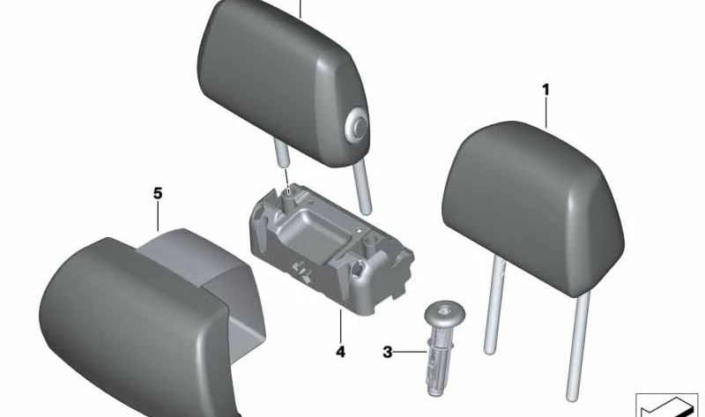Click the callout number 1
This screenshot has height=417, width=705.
pyautogui.click(x=545, y=89)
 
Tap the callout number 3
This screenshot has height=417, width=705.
pyautogui.click(x=387, y=353)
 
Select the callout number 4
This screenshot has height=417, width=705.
pyautogui.click(x=340, y=352)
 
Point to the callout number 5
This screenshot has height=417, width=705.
pyautogui.click(x=158, y=192)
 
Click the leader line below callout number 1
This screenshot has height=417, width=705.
pyautogui.click(x=546, y=113)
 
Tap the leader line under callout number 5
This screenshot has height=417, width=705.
pyautogui.click(x=159, y=217)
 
